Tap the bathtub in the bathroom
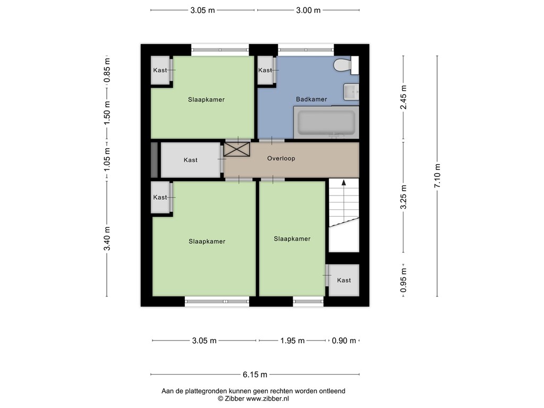coord(326,123)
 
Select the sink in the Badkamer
coord(351,92)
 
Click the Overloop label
coord(281,158)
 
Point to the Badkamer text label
coord(311,99)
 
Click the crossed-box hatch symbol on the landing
coord(236,149)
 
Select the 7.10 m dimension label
coord(437,176)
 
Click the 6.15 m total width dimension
coord(255,375)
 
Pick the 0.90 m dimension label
coord(344,341)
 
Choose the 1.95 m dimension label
coord(293,341)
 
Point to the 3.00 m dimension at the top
coord(308,11)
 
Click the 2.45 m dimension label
coord(404,97)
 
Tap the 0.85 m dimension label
coord(107,70)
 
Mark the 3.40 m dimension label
coord(107,239)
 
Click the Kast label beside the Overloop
coord(191,160)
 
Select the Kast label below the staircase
coord(344,280)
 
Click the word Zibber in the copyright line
coord(234,399)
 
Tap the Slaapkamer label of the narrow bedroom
coord(292,239)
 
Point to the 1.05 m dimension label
coord(107,159)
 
